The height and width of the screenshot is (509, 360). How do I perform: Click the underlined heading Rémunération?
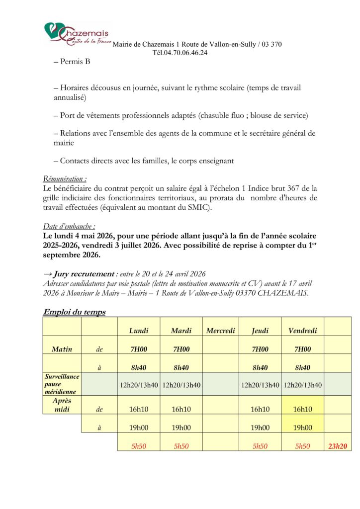[x=65, y=178]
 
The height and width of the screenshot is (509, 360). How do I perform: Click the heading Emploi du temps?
[x=74, y=312]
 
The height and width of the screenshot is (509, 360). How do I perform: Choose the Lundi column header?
[x=139, y=331]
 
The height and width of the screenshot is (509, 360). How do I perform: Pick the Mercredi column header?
[x=220, y=331]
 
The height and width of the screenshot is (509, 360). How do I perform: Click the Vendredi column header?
[x=302, y=331]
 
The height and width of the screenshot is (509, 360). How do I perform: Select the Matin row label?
[x=62, y=349]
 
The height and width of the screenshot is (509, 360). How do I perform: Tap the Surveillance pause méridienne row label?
[x=62, y=384]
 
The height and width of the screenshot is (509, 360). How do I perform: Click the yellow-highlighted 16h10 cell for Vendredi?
[x=302, y=409]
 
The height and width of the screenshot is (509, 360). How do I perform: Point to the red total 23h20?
[x=338, y=446]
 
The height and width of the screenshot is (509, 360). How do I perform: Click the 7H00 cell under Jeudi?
[x=260, y=349]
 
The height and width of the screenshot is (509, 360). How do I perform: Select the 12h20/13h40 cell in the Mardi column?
[x=181, y=384]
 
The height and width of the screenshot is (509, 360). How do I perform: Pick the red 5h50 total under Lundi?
[x=139, y=446]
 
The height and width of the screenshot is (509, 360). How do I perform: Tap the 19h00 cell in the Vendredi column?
[x=302, y=427]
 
